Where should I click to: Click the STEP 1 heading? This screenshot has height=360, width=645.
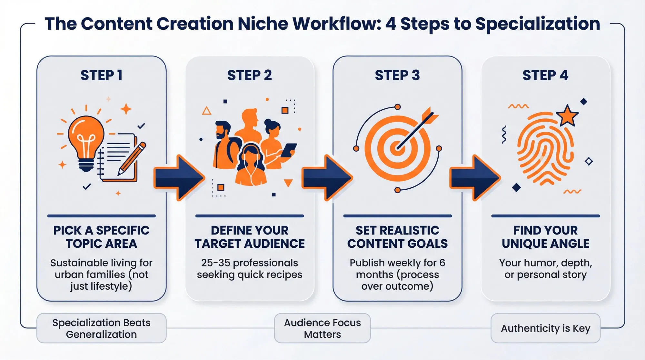(101, 75)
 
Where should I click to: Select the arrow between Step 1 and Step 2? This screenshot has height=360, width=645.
(179, 178)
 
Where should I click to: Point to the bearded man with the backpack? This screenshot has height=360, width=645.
(224, 145)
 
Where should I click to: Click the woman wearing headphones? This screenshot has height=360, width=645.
(250, 166)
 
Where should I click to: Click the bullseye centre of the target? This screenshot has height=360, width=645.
(397, 149)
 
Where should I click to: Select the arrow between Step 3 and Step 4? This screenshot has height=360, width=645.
(475, 178)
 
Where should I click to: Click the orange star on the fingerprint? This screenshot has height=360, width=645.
(567, 115)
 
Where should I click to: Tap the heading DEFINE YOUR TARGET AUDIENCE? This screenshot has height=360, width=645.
(250, 237)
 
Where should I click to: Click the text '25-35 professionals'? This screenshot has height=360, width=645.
(250, 263)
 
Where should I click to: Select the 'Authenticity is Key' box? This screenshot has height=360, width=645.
(545, 328)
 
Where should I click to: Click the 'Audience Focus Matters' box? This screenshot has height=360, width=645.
(322, 328)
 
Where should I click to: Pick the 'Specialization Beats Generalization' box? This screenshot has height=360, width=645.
(101, 328)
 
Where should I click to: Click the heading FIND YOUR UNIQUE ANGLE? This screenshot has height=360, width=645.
(545, 237)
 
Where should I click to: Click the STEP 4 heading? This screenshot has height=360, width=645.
(545, 75)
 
